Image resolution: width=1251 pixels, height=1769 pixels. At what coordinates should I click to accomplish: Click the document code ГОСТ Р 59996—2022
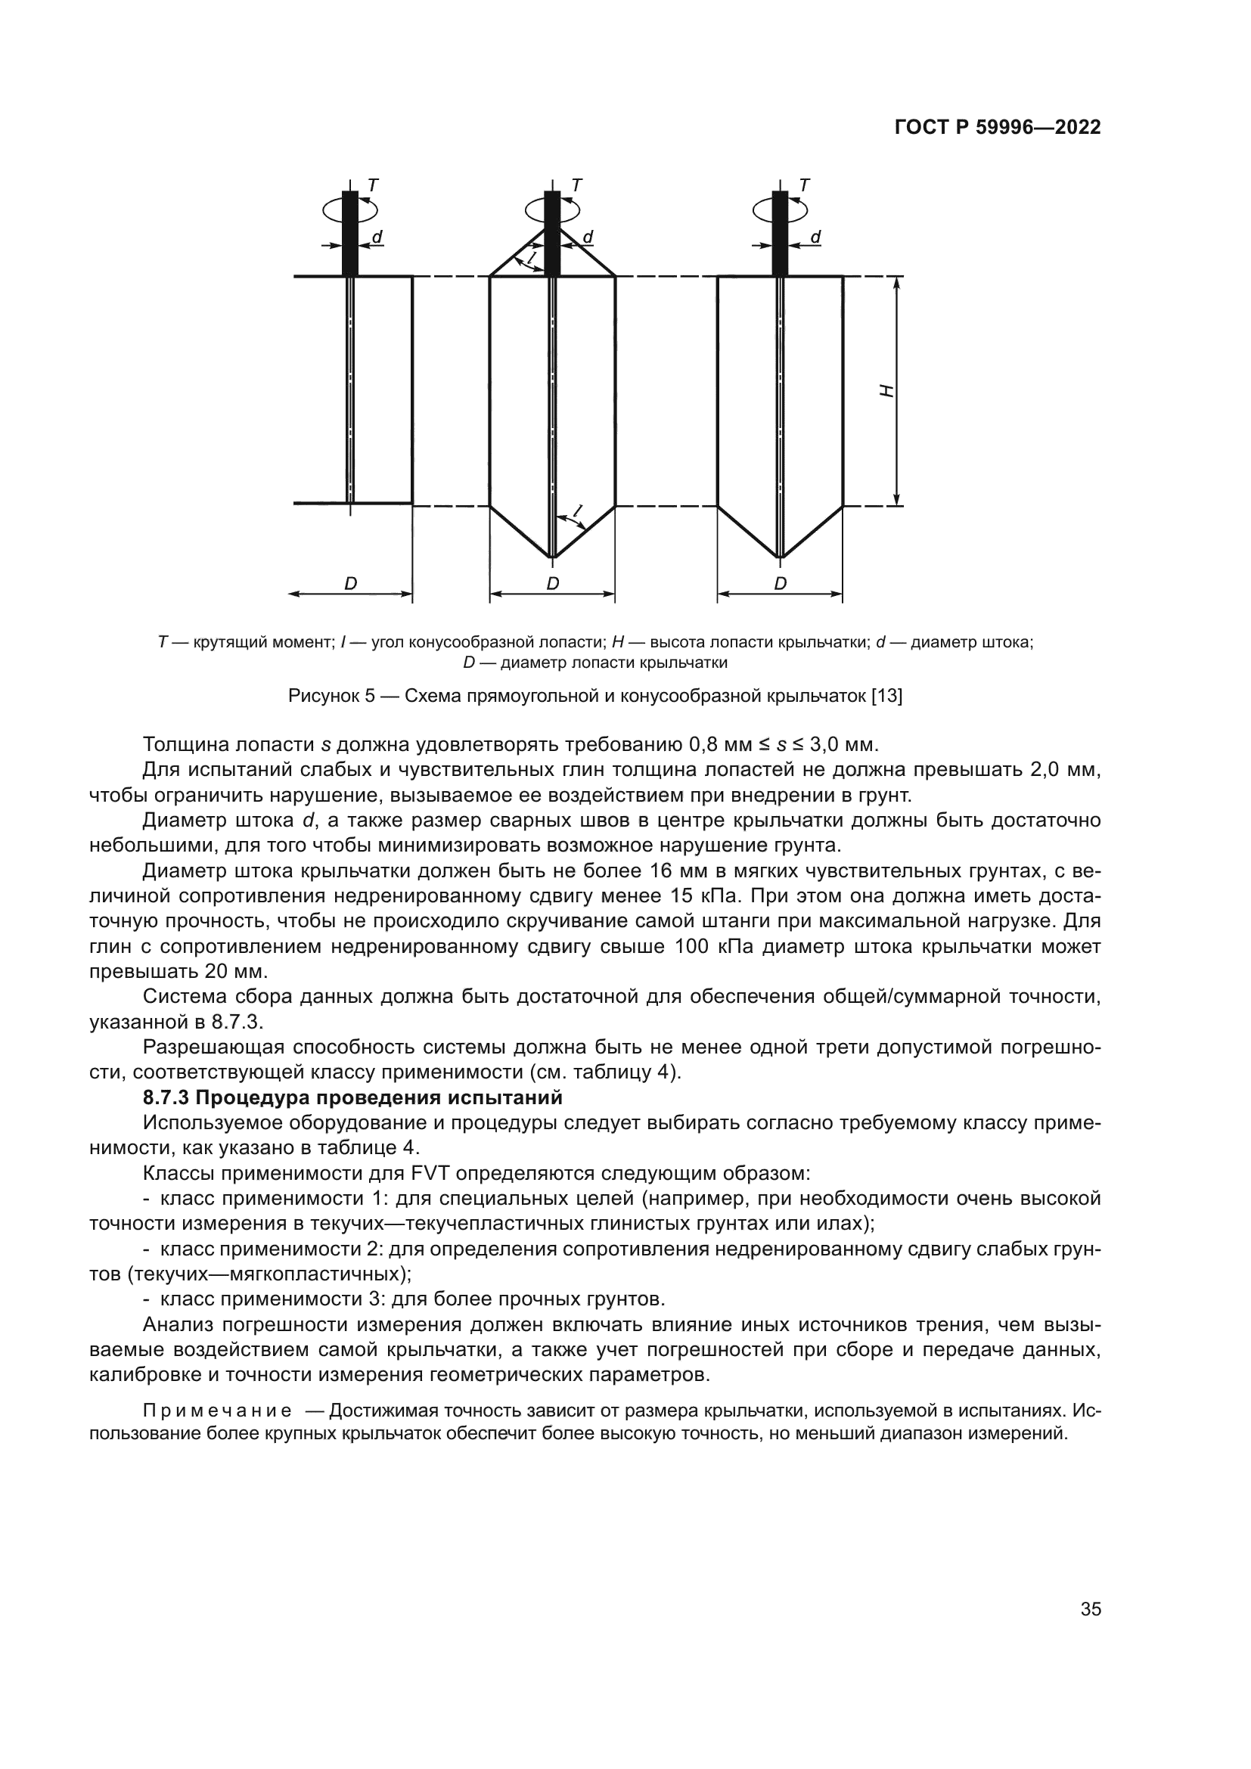(997, 128)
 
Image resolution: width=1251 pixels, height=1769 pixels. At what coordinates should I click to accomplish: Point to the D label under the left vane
(350, 584)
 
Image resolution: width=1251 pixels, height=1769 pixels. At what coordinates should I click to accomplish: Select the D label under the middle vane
(552, 584)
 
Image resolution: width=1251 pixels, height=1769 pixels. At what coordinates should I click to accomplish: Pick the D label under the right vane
(781, 584)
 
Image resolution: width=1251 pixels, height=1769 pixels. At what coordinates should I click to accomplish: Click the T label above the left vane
(373, 185)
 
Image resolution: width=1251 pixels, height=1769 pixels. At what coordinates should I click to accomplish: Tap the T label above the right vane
(804, 185)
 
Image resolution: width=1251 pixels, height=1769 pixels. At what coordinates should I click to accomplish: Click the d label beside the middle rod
(588, 237)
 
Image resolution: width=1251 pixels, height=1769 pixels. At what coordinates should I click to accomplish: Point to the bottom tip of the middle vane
(551, 557)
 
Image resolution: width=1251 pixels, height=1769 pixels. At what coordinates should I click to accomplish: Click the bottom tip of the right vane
(781, 557)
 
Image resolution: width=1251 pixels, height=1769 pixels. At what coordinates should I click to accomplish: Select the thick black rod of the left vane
(350, 235)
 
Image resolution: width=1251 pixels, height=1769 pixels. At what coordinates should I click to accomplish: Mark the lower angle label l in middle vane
(578, 511)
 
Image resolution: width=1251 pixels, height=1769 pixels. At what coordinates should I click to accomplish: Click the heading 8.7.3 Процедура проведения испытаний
(352, 1097)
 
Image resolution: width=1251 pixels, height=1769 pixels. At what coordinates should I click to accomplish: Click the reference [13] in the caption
(886, 697)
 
